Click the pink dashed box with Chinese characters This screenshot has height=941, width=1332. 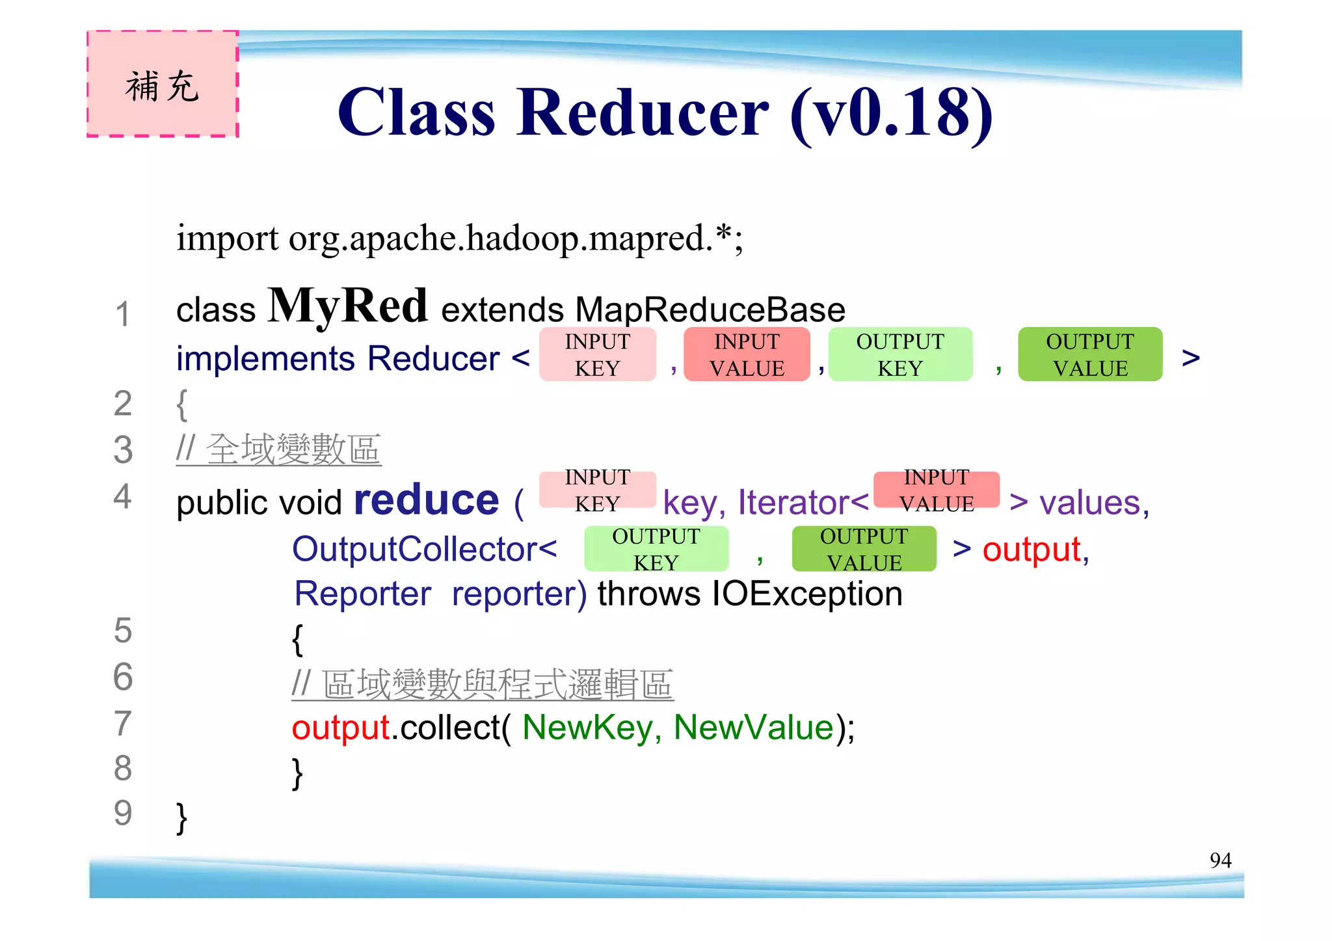click(163, 84)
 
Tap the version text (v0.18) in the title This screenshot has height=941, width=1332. click(891, 114)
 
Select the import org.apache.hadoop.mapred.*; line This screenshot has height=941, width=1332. click(459, 238)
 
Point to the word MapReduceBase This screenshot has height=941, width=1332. click(710, 310)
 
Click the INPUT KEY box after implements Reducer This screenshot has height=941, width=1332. click(597, 354)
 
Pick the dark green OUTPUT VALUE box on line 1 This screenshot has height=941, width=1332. click(1090, 354)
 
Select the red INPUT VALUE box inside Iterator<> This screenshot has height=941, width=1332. click(937, 490)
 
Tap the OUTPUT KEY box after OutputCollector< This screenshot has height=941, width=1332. click(656, 549)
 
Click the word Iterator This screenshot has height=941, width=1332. click(793, 502)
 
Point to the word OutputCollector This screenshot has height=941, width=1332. click(415, 549)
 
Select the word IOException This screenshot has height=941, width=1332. click(807, 594)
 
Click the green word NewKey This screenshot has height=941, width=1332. click(587, 727)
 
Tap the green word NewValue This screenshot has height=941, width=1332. click(753, 727)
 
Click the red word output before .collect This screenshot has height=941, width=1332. click(340, 727)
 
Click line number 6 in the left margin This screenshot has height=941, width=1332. click(123, 677)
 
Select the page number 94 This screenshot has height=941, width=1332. click(1220, 860)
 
